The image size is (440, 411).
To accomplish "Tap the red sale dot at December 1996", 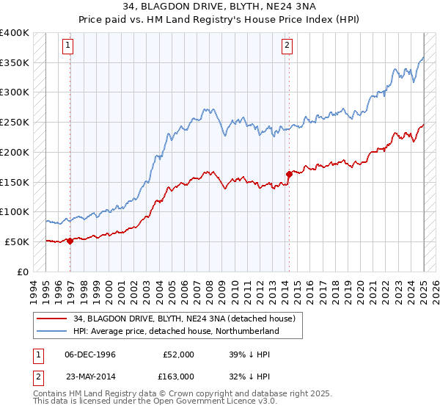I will [70, 241].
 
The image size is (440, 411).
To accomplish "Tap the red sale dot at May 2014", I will [289, 175].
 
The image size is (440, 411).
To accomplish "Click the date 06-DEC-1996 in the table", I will [90, 354].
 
